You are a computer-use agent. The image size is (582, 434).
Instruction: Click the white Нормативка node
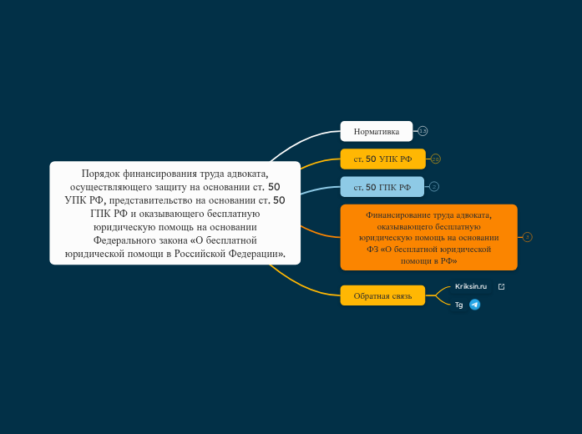[377, 131]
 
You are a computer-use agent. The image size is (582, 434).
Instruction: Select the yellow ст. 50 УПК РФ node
[382, 159]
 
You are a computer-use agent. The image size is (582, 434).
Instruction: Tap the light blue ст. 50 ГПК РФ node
[382, 187]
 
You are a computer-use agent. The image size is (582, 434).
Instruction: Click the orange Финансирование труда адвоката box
[428, 237]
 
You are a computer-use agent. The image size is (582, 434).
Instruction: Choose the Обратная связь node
[382, 295]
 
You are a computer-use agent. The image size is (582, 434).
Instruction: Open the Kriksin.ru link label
[471, 286]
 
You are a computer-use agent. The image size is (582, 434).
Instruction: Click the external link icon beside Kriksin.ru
[501, 286]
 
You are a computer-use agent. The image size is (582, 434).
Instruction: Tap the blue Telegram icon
[475, 305]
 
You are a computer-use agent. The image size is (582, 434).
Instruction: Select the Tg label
[458, 305]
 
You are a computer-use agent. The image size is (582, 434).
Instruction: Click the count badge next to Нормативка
[423, 131]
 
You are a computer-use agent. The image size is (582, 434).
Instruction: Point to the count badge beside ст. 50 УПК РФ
[435, 159]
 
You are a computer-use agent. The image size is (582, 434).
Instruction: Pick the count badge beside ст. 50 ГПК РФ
[434, 187]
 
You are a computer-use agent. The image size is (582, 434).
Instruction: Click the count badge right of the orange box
[527, 237]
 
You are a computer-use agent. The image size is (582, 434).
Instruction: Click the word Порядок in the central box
[100, 174]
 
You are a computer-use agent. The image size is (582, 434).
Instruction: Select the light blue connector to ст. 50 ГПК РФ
[320, 189]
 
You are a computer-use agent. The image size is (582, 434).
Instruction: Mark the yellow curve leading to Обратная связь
[301, 285]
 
